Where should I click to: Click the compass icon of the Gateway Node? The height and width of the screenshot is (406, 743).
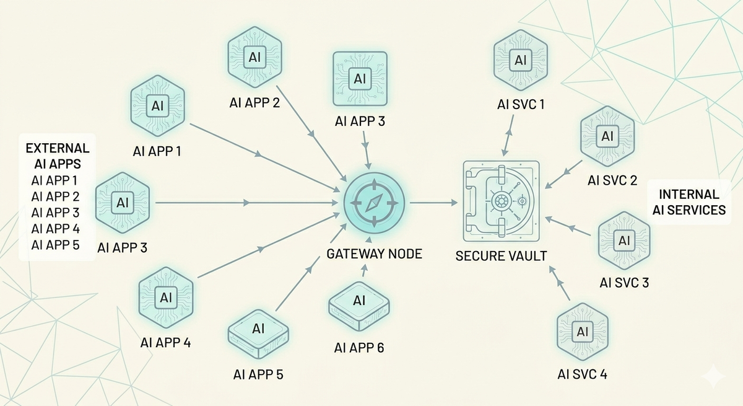374,203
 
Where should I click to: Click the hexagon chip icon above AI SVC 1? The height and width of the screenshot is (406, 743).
520,60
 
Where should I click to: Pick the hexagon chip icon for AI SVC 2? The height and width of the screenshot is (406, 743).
607,135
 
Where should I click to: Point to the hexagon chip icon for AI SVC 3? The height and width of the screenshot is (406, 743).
624,240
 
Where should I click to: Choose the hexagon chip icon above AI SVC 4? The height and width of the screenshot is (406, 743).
582,332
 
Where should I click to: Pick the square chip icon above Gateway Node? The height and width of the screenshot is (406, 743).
360,79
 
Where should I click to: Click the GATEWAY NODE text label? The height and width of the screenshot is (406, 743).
374,254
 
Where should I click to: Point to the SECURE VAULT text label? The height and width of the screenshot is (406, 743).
501,255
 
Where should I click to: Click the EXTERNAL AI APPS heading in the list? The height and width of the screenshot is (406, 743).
58,156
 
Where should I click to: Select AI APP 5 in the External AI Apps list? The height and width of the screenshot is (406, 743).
56,245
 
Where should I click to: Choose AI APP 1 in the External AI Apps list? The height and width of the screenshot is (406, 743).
56,181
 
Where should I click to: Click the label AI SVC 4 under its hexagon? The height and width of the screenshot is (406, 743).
582,374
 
